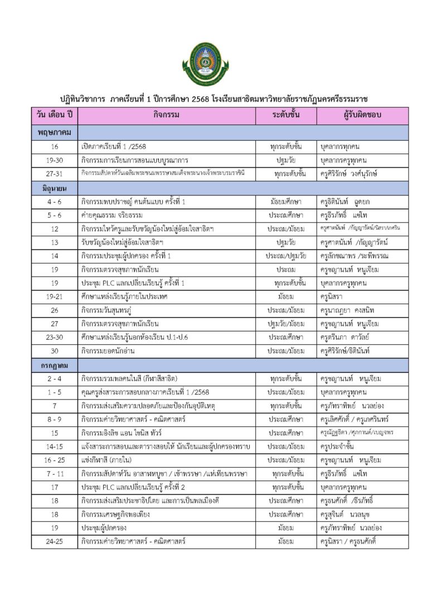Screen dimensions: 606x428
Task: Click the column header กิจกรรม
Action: click(166, 116)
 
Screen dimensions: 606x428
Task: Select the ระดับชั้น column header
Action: click(286, 116)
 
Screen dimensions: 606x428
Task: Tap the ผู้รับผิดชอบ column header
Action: click(362, 116)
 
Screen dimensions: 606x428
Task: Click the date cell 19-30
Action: click(54, 160)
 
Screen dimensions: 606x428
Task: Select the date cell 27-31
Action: click(54, 174)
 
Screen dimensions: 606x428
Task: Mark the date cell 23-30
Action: click(54, 338)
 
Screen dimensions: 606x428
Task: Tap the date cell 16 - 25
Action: click(54, 460)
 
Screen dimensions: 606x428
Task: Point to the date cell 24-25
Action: click(54, 541)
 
